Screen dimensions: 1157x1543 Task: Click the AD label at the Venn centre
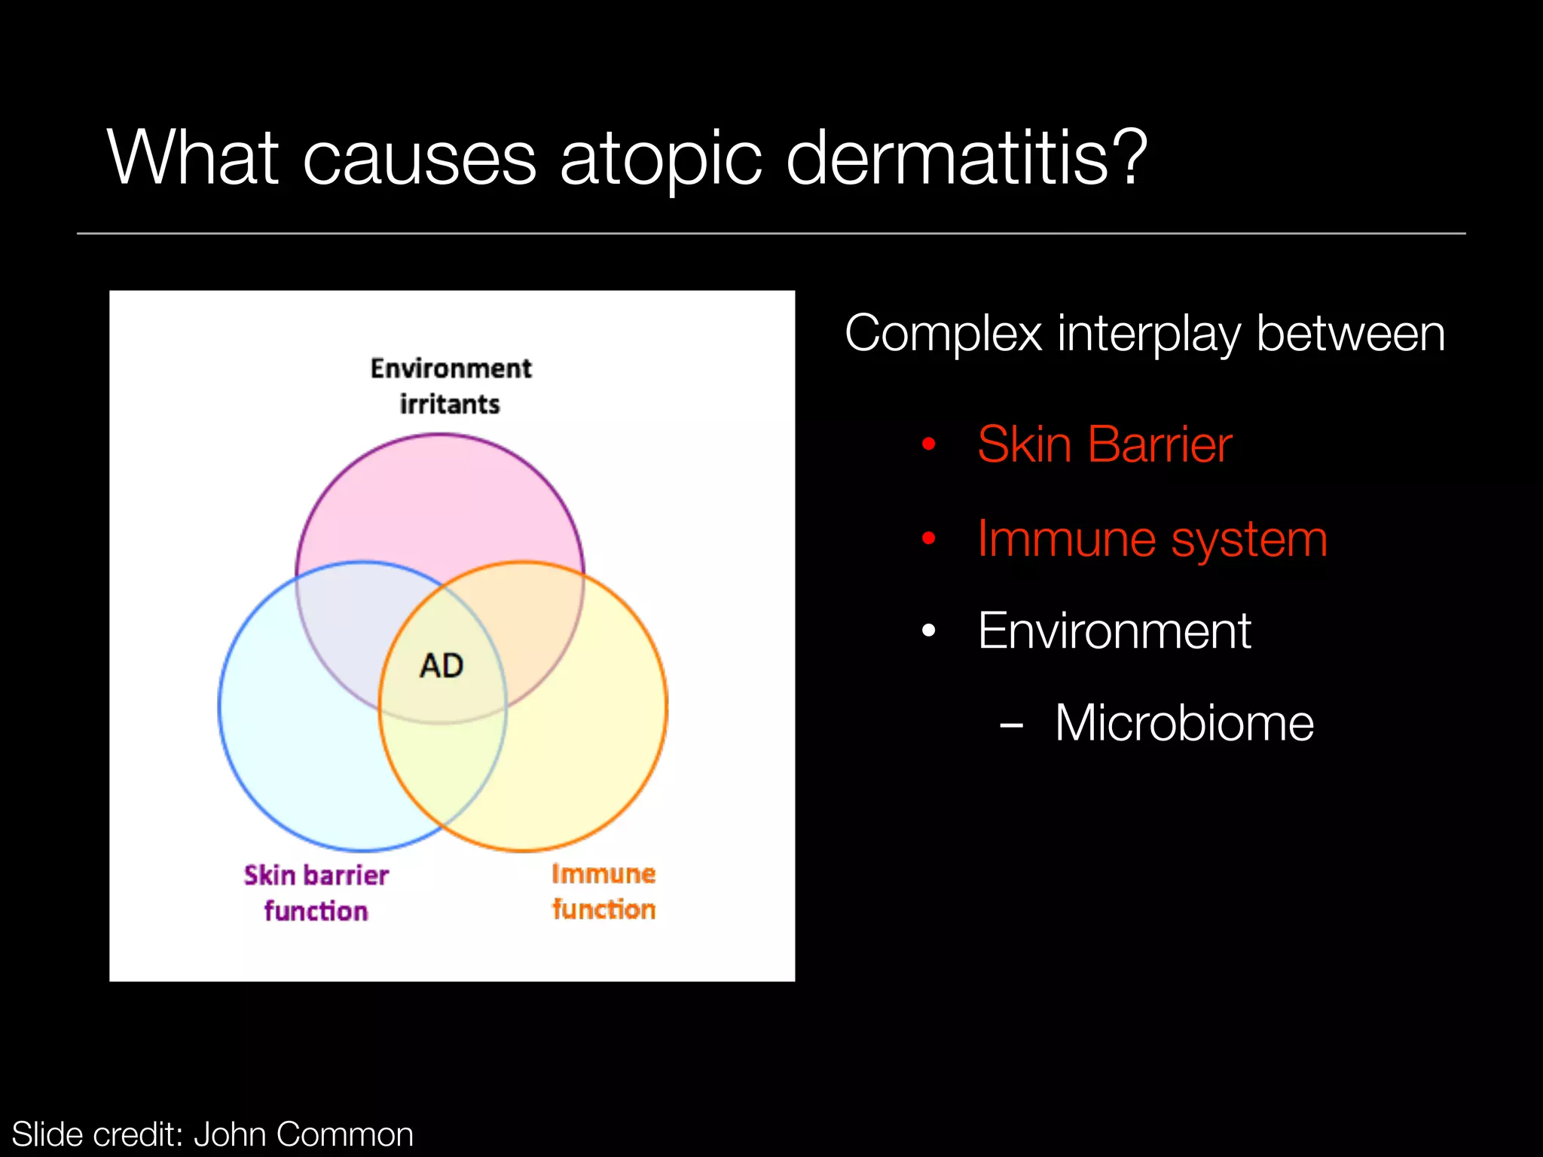pos(442,666)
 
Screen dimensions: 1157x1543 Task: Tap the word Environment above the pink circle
pos(451,368)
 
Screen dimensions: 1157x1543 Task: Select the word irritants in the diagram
pos(450,404)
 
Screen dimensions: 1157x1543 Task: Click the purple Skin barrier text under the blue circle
pos(316,875)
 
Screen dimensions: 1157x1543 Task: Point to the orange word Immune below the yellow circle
pos(603,874)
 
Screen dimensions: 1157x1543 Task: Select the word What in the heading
pos(193,157)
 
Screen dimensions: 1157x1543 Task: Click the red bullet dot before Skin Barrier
pos(929,444)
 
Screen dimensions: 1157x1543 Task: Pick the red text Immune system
pos(1152,539)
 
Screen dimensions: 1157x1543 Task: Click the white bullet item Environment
pos(1114,630)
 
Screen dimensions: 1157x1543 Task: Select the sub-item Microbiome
pos(1184,723)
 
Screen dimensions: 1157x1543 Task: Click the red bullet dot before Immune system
pos(929,539)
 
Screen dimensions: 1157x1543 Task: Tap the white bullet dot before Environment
pos(929,631)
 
